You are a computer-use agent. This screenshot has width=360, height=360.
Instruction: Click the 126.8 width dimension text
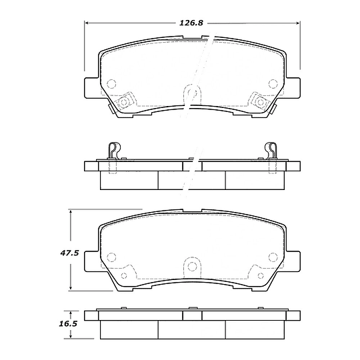pyautogui.click(x=191, y=23)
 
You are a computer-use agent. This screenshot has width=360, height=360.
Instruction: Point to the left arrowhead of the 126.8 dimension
pyautogui.click(x=87, y=23)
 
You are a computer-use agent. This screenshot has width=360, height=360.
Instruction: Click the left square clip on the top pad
pyautogui.click(x=123, y=102)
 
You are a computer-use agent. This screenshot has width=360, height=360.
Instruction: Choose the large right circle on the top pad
pyautogui.click(x=272, y=83)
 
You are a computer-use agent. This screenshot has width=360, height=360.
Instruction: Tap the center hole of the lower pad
pyautogui.click(x=192, y=267)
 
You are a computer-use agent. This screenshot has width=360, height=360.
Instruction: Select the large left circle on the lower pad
pyautogui.click(x=111, y=257)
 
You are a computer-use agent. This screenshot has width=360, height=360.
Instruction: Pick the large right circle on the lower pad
pyautogui.click(x=272, y=257)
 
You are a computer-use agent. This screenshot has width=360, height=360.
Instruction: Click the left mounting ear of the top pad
pyautogui.click(x=92, y=87)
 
